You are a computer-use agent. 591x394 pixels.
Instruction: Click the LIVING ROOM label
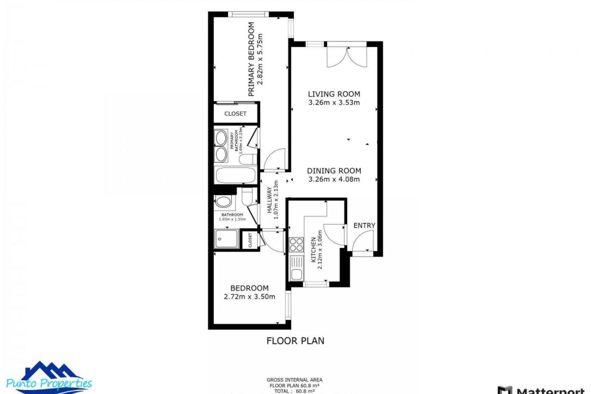pos(334,94)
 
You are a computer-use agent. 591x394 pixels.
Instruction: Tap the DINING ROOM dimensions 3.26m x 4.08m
pos(334,179)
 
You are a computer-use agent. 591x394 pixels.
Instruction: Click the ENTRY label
pos(364,226)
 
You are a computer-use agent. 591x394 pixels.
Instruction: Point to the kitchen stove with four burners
pos(296,245)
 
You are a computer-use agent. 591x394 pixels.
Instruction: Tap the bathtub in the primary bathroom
pos(235,175)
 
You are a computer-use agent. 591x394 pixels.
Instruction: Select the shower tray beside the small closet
pos(227,239)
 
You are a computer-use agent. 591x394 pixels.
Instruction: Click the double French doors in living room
pos(347,57)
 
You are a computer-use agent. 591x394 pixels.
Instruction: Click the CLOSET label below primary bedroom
pos(235,114)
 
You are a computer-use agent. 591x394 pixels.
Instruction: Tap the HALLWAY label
pos(270,200)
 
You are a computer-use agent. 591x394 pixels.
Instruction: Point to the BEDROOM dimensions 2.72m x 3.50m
pos(249,297)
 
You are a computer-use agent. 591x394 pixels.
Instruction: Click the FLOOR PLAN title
pos(295,341)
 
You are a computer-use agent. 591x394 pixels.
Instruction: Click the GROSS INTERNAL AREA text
pos(294,380)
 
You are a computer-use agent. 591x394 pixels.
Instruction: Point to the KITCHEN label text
pos(313,250)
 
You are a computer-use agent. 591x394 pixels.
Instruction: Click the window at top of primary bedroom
pos(248,14)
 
